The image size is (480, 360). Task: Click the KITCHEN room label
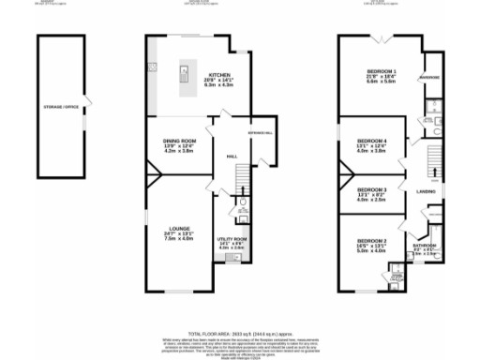click(x=219, y=74)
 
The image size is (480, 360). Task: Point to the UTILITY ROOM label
click(x=232, y=239)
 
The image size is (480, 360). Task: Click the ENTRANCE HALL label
click(x=247, y=132)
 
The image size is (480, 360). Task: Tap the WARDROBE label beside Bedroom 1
click(x=430, y=78)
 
